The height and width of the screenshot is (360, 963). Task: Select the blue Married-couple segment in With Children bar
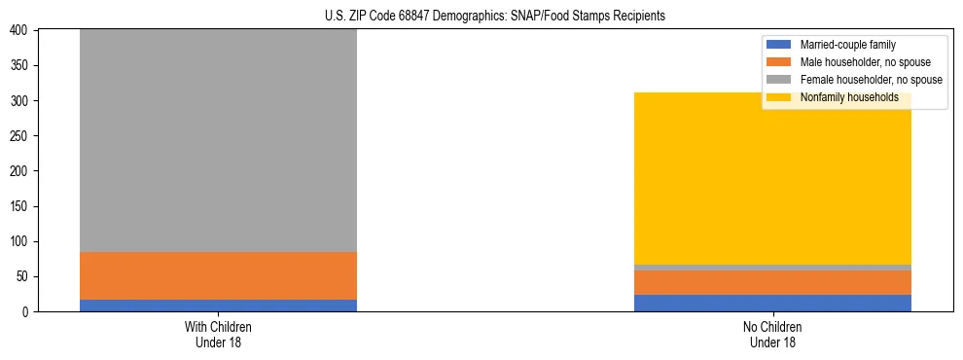(x=218, y=306)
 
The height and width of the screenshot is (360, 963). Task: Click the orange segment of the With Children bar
(x=218, y=275)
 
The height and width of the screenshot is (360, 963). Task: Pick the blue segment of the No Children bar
(x=772, y=303)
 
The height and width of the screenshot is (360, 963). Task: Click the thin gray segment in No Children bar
(x=772, y=268)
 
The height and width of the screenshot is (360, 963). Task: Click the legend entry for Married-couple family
(x=846, y=45)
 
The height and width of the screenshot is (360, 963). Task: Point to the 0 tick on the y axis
(x=27, y=311)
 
